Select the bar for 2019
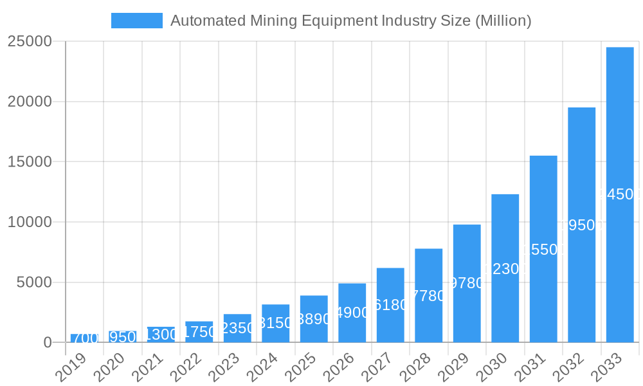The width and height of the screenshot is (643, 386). click(x=84, y=338)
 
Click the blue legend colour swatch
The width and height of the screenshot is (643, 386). click(x=137, y=21)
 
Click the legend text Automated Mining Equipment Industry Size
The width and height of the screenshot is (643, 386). click(x=350, y=21)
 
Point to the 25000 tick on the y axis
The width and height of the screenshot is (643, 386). click(x=30, y=41)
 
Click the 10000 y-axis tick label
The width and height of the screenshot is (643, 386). click(x=30, y=222)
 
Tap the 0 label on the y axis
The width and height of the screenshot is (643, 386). click(x=48, y=343)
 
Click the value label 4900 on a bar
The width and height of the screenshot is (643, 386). click(x=352, y=313)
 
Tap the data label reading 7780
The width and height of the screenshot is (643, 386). click(x=429, y=296)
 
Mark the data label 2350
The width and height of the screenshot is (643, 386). click(x=237, y=328)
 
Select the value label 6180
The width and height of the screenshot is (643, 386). click(x=390, y=305)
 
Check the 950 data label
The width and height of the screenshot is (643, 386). click(x=122, y=337)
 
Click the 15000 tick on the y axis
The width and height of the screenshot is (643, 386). click(x=30, y=161)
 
